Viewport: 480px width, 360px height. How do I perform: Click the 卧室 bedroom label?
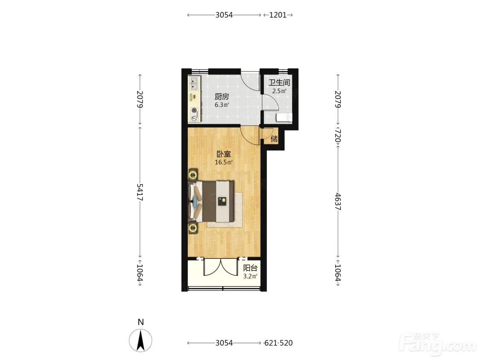[224, 154]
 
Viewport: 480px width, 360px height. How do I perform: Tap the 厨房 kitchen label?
[222, 97]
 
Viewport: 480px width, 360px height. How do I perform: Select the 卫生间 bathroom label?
[279, 82]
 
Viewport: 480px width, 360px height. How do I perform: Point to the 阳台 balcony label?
[250, 268]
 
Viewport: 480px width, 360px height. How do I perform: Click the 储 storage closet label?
[274, 139]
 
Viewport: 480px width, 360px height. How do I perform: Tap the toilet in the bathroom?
[284, 117]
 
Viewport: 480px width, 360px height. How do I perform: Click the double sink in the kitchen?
[194, 83]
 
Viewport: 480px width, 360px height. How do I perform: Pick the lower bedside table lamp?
[193, 228]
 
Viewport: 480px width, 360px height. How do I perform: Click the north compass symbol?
[140, 340]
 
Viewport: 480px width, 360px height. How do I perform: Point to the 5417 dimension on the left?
[140, 192]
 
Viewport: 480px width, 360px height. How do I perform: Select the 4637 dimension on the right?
[338, 202]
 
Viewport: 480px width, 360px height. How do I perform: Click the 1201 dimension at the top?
[278, 15]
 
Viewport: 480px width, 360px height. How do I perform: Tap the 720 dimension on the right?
[338, 136]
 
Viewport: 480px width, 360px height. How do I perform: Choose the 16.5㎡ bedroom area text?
[224, 162]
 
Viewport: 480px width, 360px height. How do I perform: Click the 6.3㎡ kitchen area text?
[222, 105]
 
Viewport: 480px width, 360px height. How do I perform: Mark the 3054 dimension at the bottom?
[224, 343]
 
